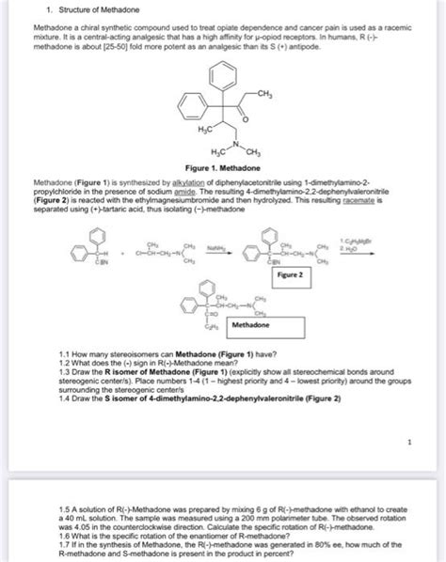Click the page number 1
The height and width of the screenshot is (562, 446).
click(x=410, y=440)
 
